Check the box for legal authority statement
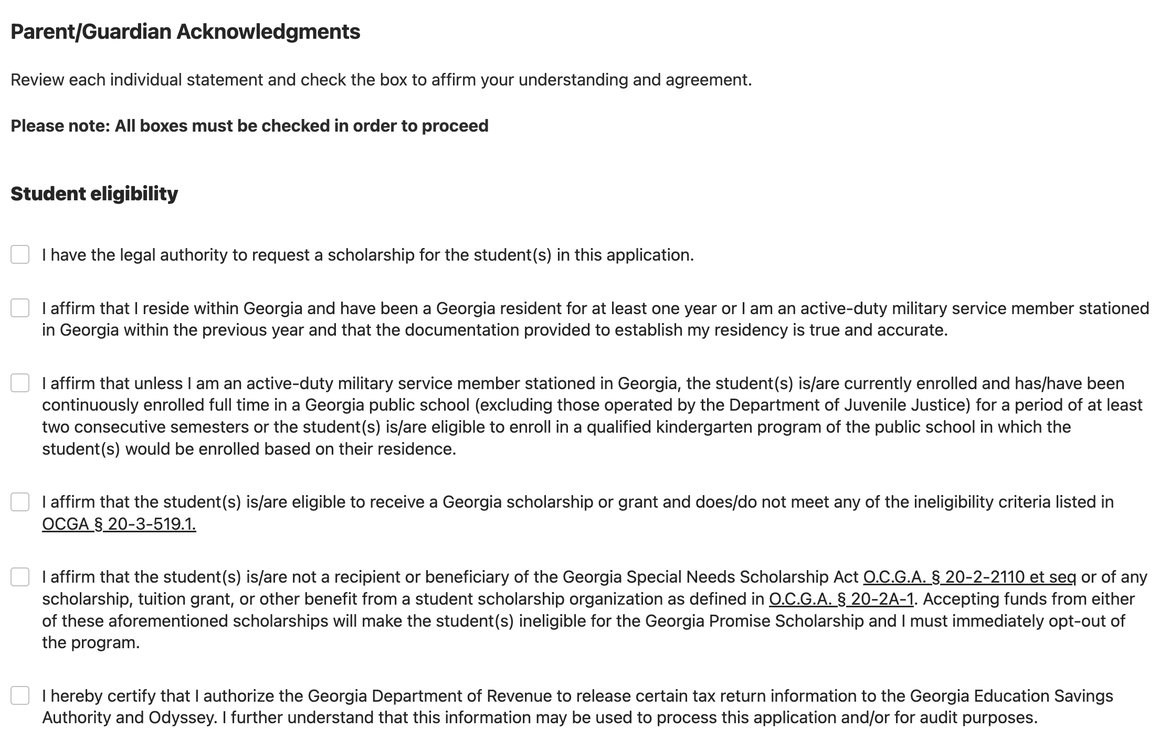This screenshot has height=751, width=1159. click(20, 254)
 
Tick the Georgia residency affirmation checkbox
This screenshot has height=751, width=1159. click(20, 308)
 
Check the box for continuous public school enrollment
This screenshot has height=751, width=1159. click(20, 383)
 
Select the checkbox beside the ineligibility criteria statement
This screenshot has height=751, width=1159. click(20, 502)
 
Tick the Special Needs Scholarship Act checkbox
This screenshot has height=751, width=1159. click(20, 577)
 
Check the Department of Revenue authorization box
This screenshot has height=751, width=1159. click(20, 695)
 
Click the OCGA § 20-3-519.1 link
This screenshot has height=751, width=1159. click(119, 524)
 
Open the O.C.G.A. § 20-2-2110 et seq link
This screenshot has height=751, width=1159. click(969, 577)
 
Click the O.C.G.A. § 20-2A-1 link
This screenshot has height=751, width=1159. click(841, 599)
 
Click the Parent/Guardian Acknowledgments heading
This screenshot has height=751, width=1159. click(185, 31)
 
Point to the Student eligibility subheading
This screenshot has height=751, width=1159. click(94, 194)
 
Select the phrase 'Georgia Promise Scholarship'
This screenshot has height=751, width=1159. click(754, 621)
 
